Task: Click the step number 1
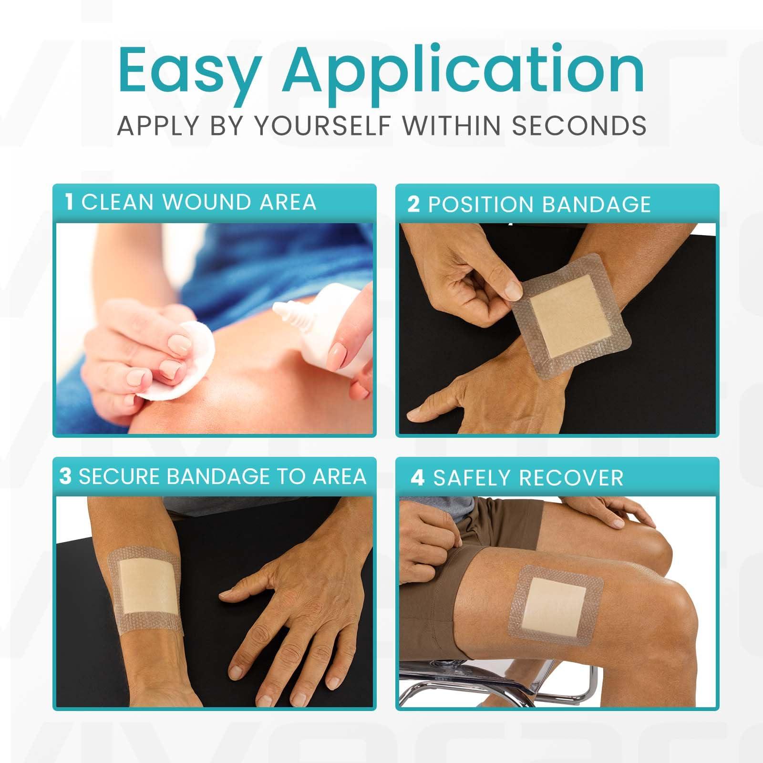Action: (70, 202)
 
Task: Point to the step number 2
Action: (413, 204)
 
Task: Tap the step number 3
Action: (65, 476)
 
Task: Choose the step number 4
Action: (417, 478)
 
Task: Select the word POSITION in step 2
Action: (482, 204)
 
